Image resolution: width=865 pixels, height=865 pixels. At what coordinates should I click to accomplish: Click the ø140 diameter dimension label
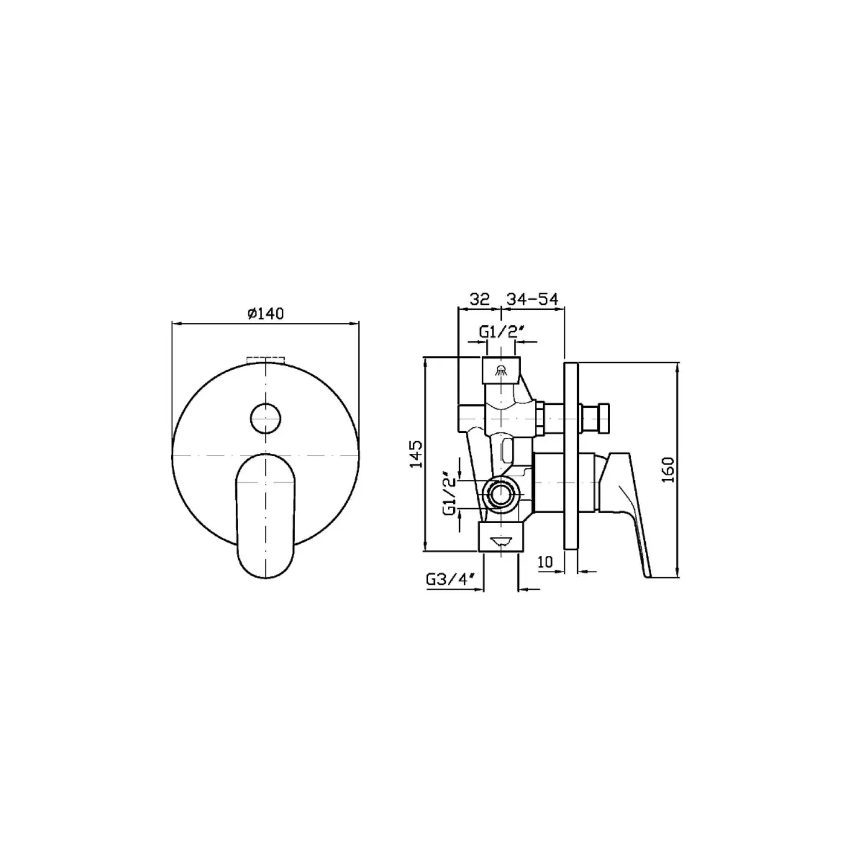265,314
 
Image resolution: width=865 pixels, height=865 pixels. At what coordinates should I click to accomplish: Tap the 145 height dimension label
416,454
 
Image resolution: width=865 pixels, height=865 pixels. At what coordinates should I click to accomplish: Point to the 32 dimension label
479,299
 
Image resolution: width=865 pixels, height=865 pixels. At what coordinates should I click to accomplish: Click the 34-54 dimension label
532,299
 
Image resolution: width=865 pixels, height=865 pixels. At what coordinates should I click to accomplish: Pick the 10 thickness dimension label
544,561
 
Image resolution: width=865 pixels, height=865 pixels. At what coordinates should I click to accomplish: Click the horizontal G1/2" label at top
501,332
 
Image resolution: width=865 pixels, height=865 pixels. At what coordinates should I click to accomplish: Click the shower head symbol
502,370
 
